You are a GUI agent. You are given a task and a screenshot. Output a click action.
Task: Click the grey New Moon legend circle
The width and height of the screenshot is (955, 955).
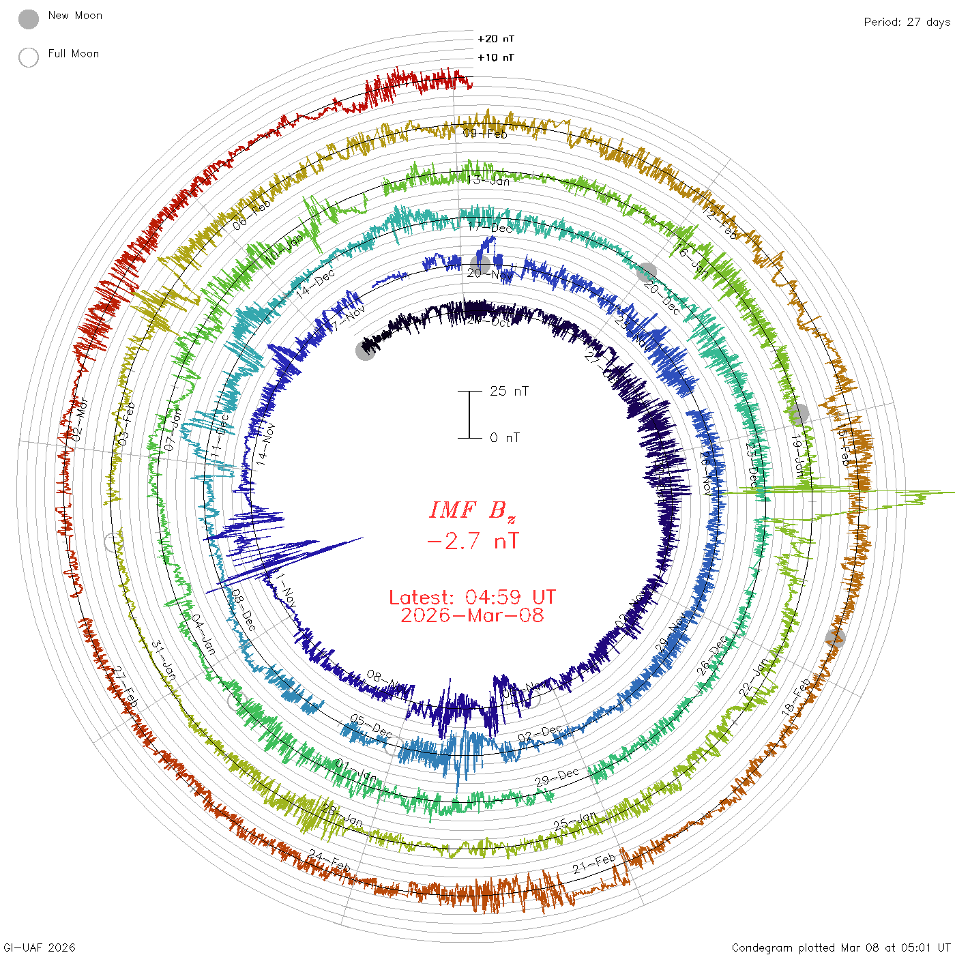[x=29, y=20]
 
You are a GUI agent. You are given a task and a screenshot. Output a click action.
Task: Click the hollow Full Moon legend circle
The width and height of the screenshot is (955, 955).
[x=29, y=57]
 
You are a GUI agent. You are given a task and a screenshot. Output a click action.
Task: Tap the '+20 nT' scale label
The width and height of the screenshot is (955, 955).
[x=496, y=39]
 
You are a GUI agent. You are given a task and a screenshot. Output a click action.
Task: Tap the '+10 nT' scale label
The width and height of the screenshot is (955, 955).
[x=496, y=57]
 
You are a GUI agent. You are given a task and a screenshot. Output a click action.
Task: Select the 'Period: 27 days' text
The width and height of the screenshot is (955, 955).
[x=907, y=22]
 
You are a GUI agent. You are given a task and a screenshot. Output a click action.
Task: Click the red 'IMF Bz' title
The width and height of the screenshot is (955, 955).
[x=472, y=510]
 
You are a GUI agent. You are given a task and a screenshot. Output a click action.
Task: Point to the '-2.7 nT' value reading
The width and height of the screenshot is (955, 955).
[x=472, y=542]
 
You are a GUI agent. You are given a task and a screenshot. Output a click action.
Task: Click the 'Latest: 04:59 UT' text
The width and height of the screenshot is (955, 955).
[x=472, y=598]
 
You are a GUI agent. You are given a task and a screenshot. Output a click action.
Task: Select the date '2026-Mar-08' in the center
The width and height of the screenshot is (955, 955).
[x=472, y=615]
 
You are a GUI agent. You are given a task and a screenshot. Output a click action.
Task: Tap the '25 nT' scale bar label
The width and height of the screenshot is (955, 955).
[x=509, y=391]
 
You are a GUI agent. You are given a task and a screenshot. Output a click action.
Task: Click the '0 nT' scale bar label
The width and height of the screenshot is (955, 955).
[x=505, y=437]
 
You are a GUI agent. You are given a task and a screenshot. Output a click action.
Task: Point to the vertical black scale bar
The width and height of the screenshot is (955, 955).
[x=469, y=414]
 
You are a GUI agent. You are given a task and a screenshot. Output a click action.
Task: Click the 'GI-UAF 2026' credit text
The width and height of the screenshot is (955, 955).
[x=39, y=947]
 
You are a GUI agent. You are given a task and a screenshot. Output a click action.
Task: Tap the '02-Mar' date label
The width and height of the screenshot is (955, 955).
[x=80, y=419]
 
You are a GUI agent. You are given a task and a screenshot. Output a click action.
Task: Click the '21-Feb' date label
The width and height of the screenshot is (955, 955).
[x=594, y=864]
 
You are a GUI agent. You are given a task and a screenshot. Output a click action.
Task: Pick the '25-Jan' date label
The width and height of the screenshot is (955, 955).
[x=575, y=821]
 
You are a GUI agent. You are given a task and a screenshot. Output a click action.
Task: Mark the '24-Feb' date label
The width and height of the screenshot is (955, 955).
[x=329, y=861]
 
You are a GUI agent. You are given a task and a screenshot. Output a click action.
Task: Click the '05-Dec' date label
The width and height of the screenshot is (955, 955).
[x=371, y=725]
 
